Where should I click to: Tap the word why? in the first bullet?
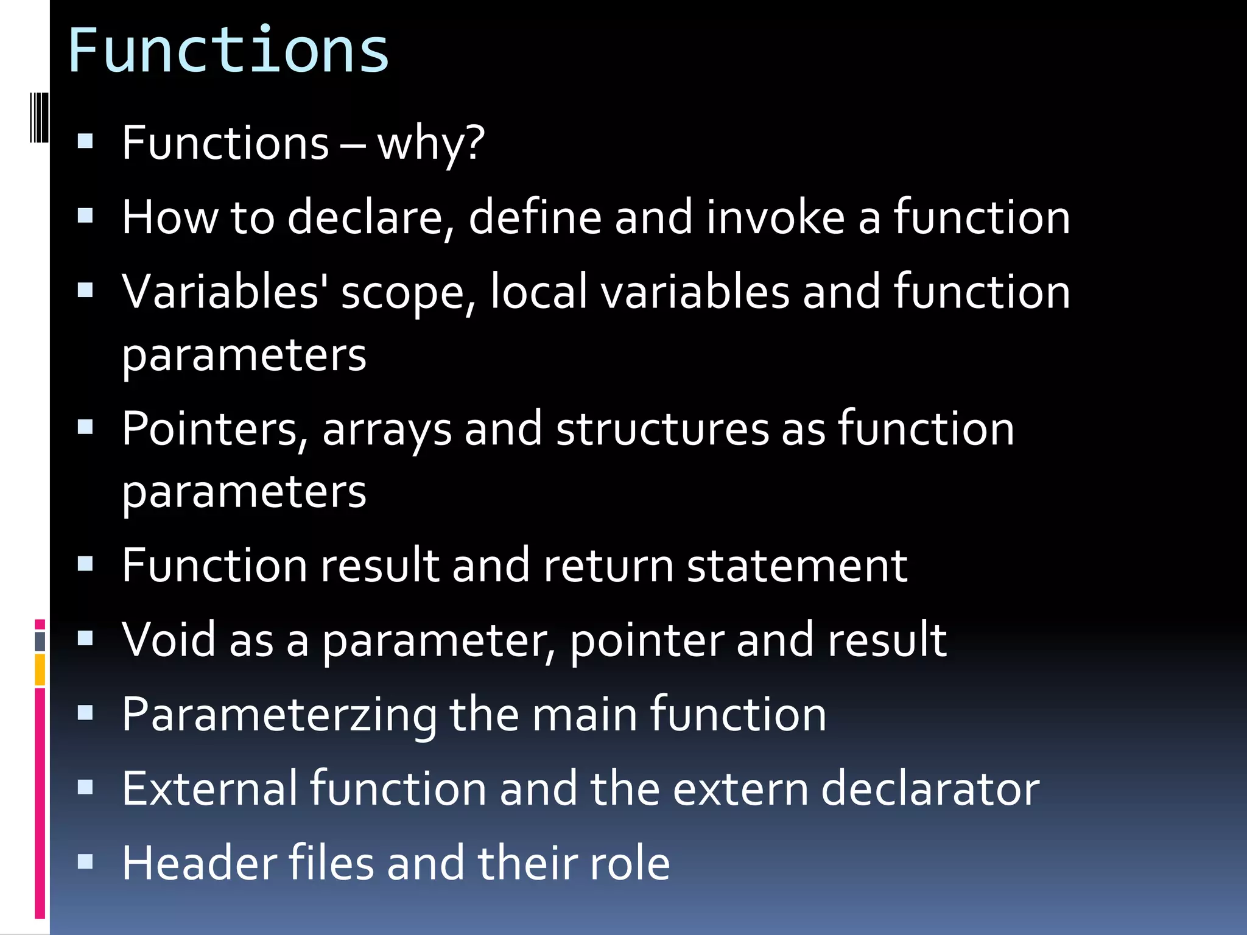click(430, 144)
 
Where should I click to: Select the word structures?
click(662, 430)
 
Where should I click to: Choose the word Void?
click(169, 640)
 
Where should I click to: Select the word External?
click(209, 790)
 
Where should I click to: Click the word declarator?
click(930, 790)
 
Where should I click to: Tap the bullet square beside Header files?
click(85, 861)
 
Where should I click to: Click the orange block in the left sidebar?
click(40, 670)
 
